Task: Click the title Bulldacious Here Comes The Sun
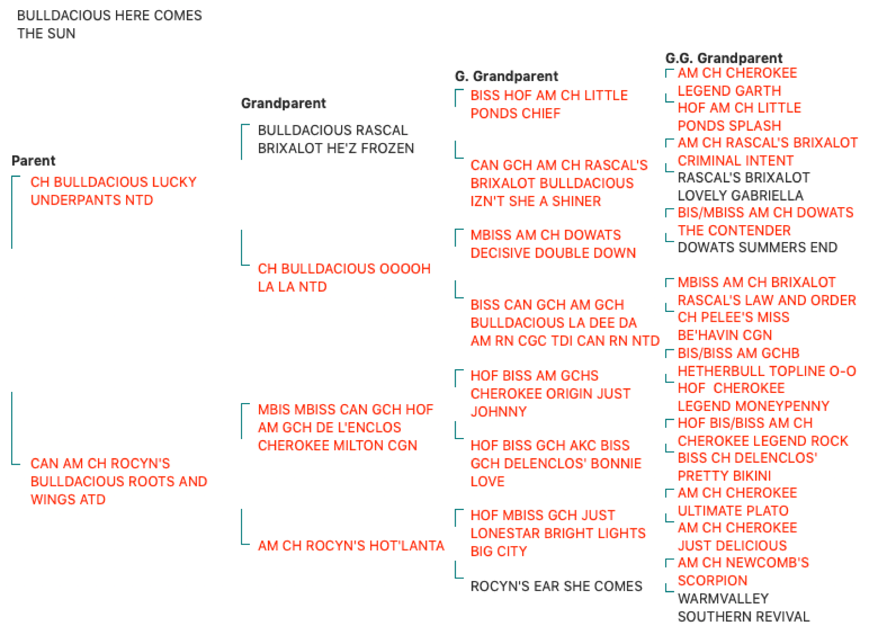[x=109, y=25]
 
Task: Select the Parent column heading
[x=33, y=161]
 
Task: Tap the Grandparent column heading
[x=283, y=103]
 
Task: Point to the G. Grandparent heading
[x=506, y=76]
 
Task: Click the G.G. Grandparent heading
[x=723, y=58]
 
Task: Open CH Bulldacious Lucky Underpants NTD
[x=113, y=191]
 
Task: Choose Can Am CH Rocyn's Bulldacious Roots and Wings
[x=118, y=482]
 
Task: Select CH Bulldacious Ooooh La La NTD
[x=344, y=277]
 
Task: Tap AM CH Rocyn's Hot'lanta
[x=351, y=546]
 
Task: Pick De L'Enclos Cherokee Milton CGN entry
[x=345, y=427]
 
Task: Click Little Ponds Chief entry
[x=549, y=104]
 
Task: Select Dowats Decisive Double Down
[x=553, y=244]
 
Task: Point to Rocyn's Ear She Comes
[x=556, y=586]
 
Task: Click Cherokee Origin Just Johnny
[x=550, y=394]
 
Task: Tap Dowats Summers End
[x=757, y=247]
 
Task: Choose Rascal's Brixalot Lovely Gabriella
[x=743, y=187]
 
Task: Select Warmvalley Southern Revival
[x=743, y=608]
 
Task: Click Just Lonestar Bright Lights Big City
[x=558, y=533]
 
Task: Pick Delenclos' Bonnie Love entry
[x=556, y=464]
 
